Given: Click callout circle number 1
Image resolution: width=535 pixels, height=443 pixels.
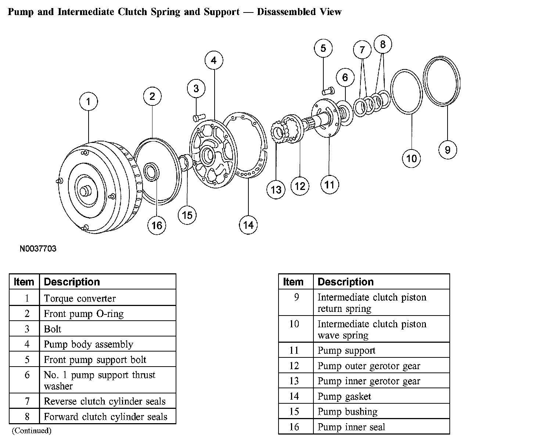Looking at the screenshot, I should (x=88, y=101).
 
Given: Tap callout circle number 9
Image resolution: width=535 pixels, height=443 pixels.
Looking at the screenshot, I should (x=448, y=150).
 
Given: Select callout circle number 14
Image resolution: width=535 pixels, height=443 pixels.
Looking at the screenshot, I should (x=248, y=225).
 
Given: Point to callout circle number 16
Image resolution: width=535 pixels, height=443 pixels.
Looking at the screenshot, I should (x=157, y=225).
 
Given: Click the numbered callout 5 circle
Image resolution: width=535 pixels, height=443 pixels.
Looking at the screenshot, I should (x=323, y=48).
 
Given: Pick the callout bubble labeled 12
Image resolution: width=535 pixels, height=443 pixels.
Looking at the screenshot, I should (x=300, y=186).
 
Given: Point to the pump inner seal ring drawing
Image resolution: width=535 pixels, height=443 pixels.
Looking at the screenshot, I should (x=151, y=172).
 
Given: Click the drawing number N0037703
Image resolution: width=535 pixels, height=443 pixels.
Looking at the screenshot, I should (x=38, y=249).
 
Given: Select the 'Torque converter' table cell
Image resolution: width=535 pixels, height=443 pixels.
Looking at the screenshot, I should (x=80, y=298).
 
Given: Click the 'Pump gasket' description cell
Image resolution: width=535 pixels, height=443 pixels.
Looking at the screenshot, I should (x=344, y=396).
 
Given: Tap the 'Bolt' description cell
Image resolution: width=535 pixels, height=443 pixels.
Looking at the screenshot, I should (x=53, y=329).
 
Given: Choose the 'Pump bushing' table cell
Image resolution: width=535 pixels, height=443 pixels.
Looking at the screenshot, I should (x=347, y=412).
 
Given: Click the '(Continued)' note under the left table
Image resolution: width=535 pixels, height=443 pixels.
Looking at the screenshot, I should (x=32, y=431).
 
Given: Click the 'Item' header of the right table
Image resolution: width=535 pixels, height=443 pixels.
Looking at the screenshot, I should (x=293, y=282).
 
